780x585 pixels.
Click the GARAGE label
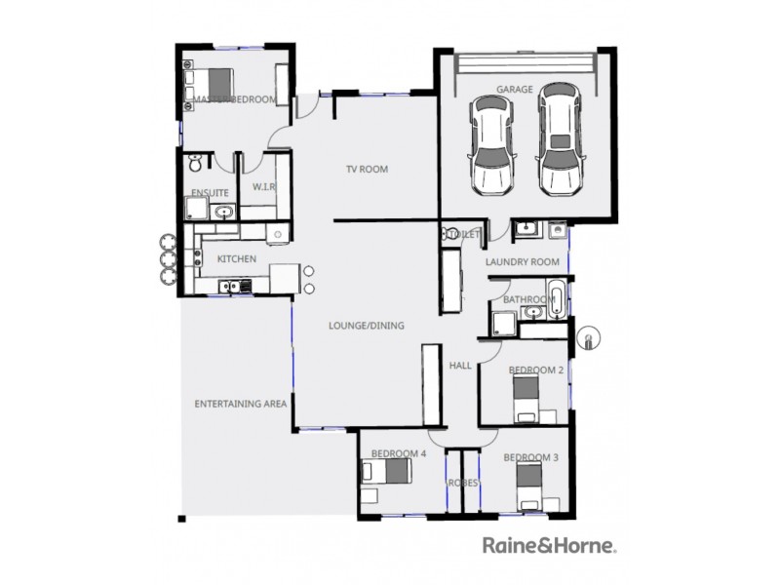pos(515,90)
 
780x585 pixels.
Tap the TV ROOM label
pos(367,170)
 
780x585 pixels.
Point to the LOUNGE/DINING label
pos(366,326)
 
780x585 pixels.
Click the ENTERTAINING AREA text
pos(240,403)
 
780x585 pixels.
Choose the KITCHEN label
pos(236,259)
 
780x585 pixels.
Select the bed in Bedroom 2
pos(526,397)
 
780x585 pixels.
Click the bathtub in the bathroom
pos(555,300)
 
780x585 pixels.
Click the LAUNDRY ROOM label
pos(523,262)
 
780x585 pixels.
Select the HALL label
pos(460,366)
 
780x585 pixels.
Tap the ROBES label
pos(462,483)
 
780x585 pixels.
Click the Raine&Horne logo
pos(549,545)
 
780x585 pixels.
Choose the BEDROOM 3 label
pos(530,457)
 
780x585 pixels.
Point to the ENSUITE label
pos(210,193)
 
